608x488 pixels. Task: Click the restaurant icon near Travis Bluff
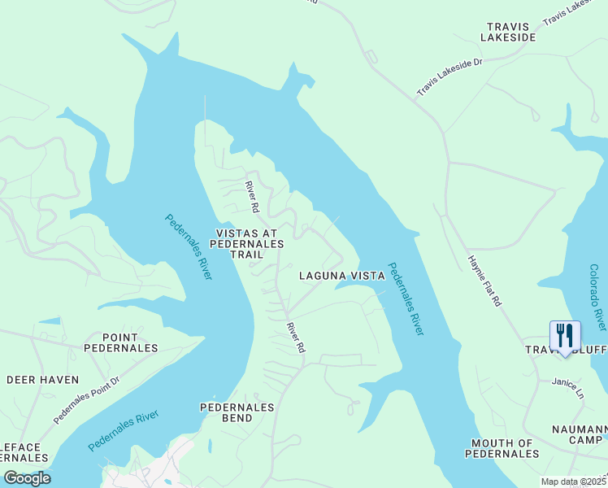tap(565, 335)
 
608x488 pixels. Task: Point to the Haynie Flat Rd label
tap(485, 281)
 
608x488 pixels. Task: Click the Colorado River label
tap(597, 297)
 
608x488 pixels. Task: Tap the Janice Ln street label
tap(568, 386)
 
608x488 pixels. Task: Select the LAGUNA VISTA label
tap(341, 276)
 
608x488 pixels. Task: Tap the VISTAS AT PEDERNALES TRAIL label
tap(248, 243)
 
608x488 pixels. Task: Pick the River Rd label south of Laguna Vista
tap(294, 337)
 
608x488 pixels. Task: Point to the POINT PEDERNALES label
tap(120, 342)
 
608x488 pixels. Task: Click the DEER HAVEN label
tap(43, 380)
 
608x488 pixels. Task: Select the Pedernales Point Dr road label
tap(86, 399)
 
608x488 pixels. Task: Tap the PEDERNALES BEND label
tap(239, 412)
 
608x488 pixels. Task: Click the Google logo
tap(26, 478)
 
